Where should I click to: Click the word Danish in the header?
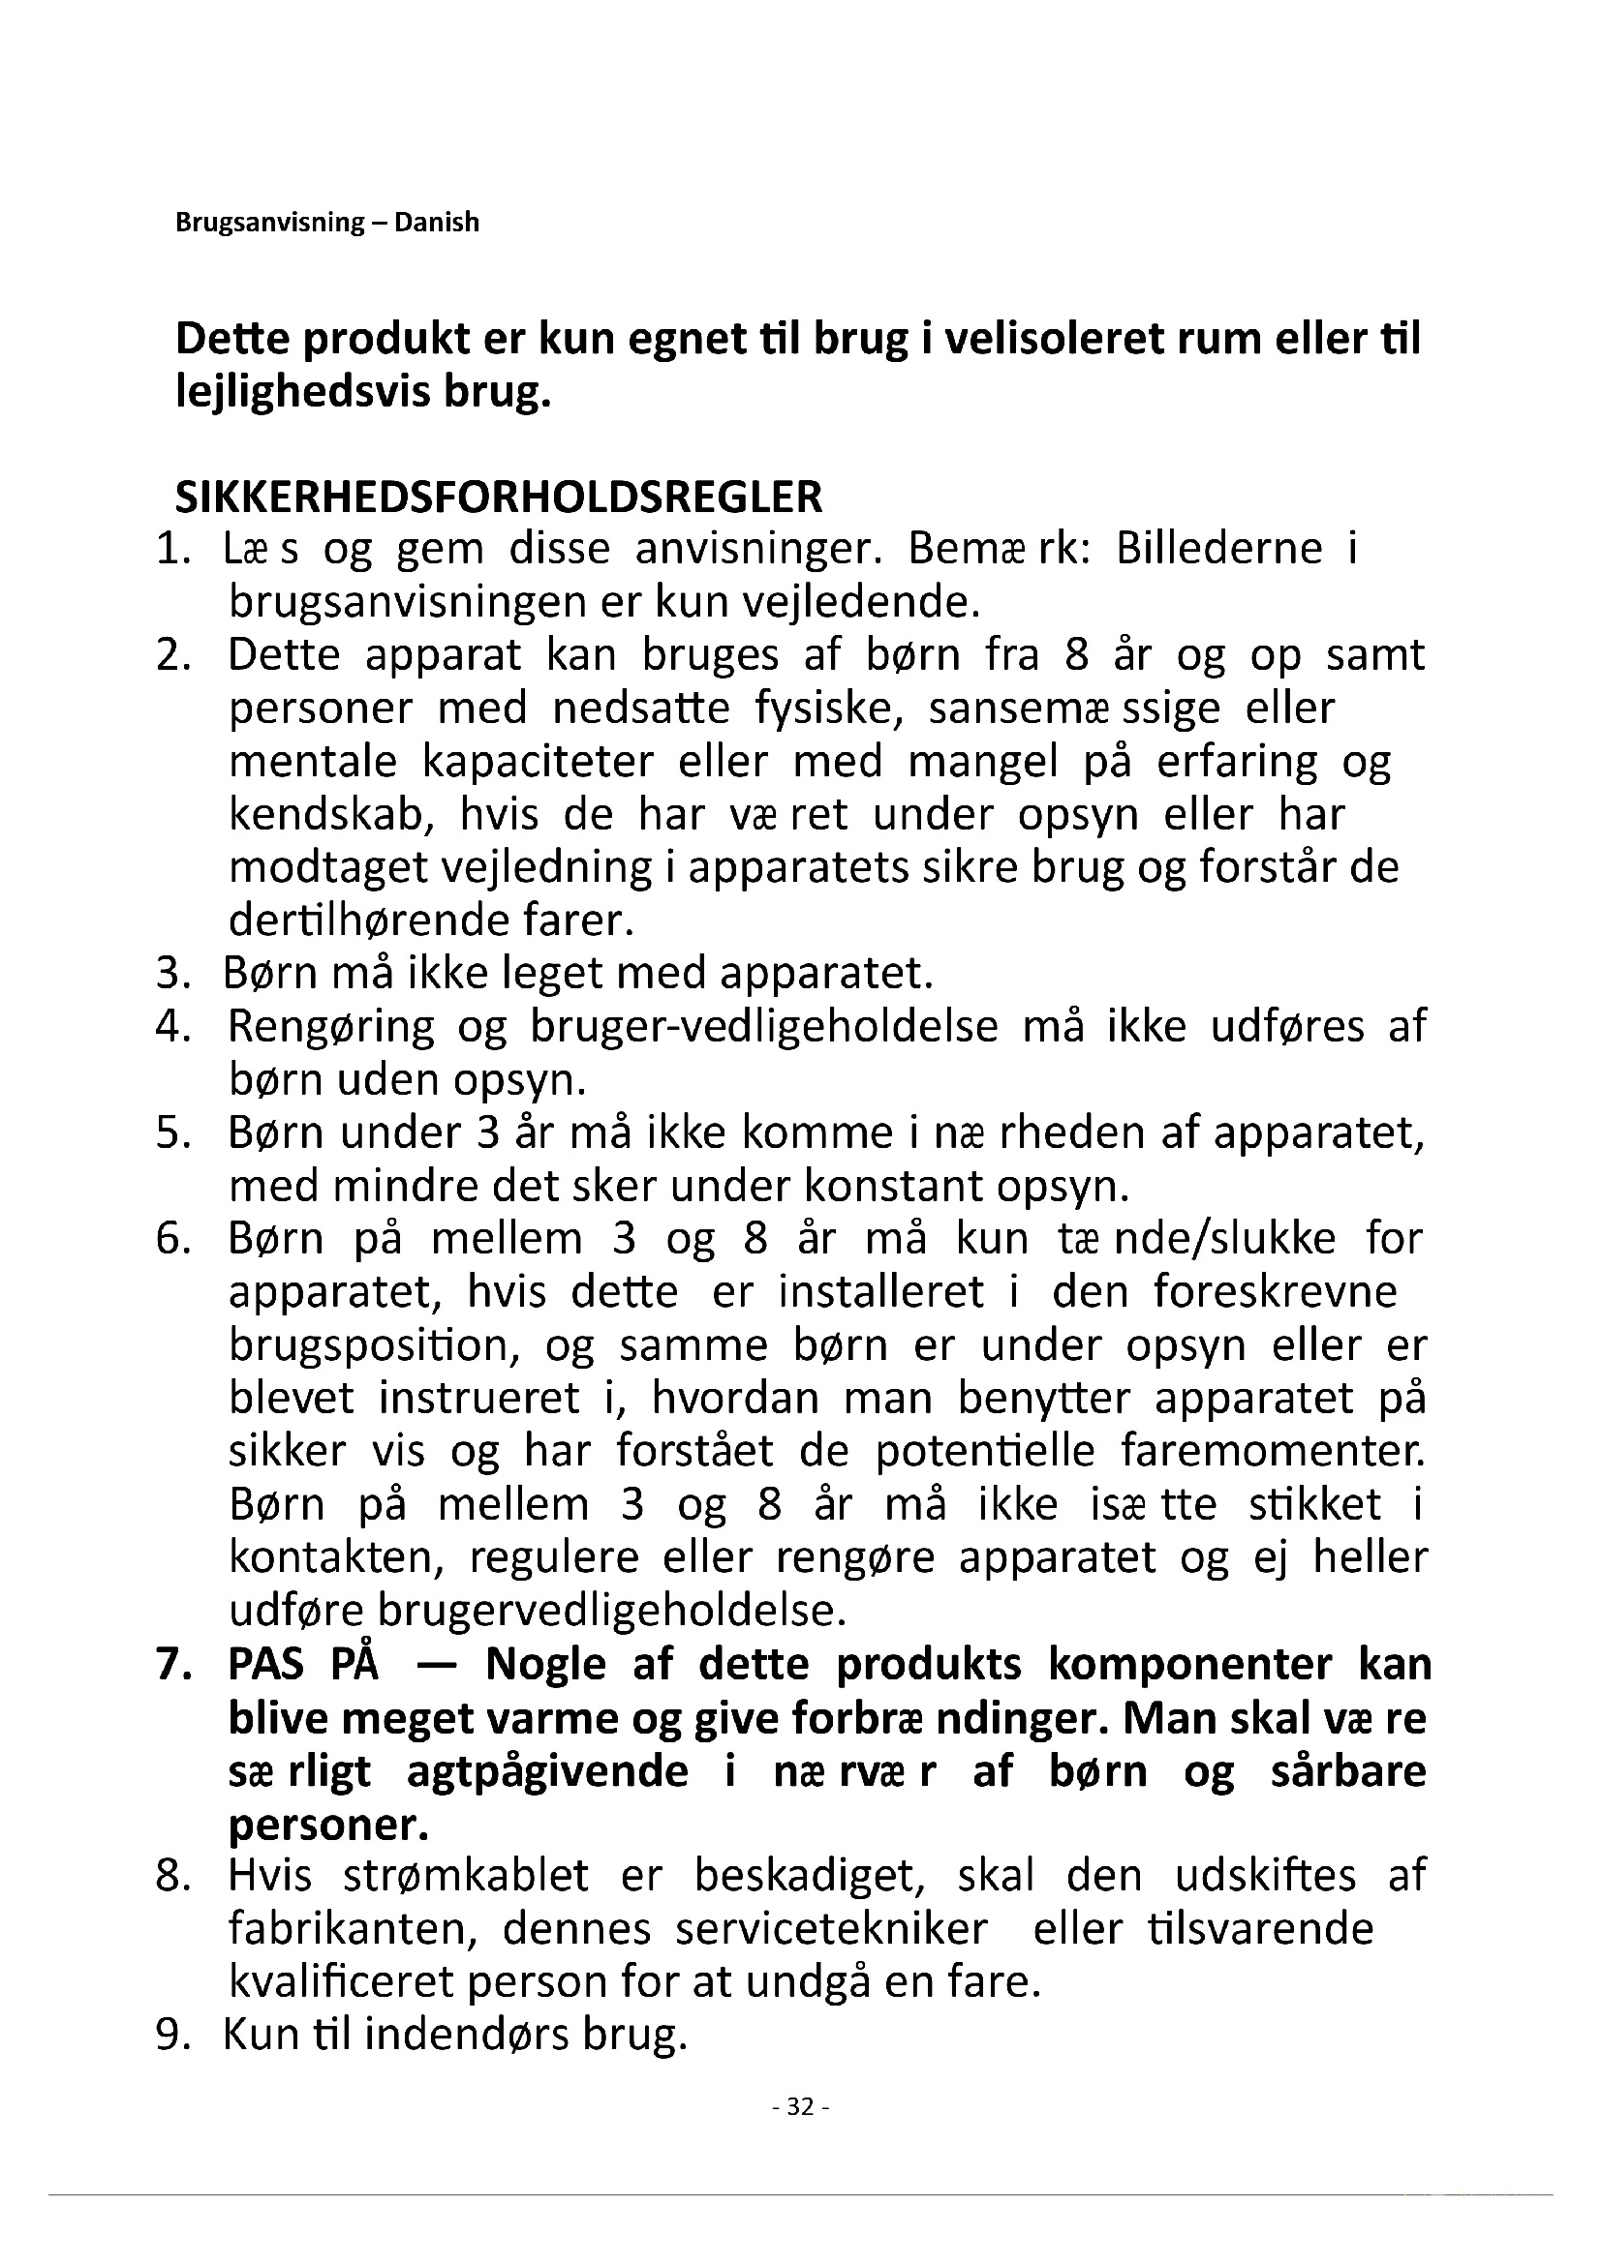pyautogui.click(x=436, y=222)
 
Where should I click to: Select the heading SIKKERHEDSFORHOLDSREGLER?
pyautogui.click(x=498, y=497)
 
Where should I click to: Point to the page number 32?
pyautogui.click(x=801, y=2106)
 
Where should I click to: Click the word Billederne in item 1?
pyautogui.click(x=1218, y=549)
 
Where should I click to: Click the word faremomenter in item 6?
pyautogui.click(x=1272, y=1452)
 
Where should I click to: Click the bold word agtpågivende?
pyautogui.click(x=547, y=1772)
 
